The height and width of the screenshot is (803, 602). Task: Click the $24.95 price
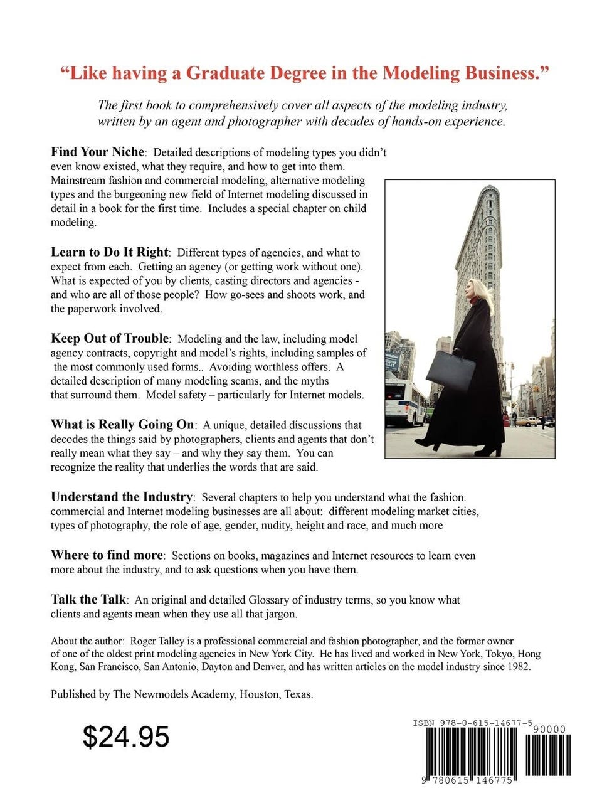coord(126,737)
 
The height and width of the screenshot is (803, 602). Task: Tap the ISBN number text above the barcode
coord(473,723)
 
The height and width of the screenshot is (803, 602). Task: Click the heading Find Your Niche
coord(98,152)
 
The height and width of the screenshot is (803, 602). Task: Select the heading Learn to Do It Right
coord(110,252)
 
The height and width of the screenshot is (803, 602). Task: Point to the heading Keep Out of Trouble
coord(110,338)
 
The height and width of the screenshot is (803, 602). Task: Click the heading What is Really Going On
coord(123,424)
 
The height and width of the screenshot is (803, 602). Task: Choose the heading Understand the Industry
coord(122,497)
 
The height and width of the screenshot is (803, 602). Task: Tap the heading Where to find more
coord(107,555)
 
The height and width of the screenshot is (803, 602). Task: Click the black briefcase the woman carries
coord(450,371)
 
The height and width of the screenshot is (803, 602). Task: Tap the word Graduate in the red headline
coord(226,73)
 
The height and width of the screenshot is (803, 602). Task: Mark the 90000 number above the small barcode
coord(549,730)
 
